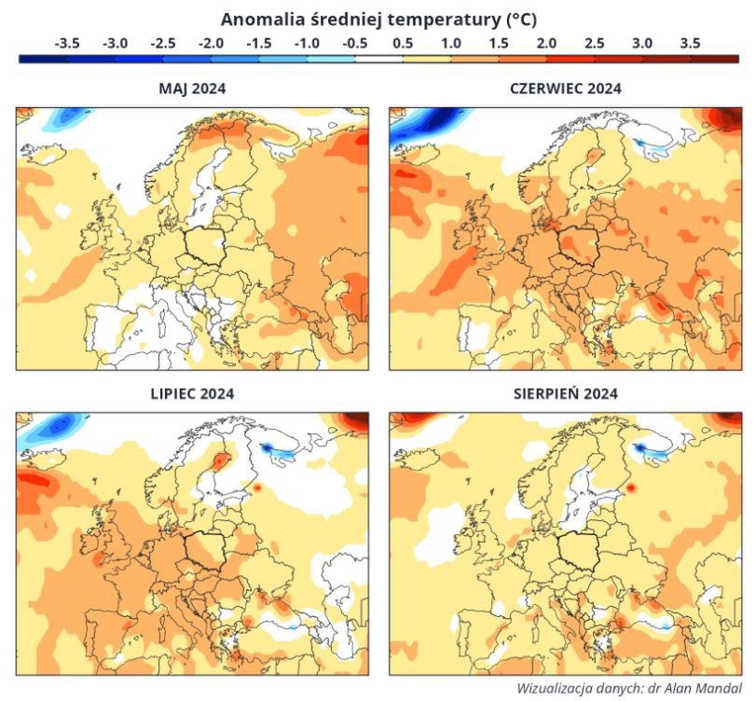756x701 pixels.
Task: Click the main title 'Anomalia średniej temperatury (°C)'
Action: coord(378,19)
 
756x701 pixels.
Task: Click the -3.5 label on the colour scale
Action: coord(67,43)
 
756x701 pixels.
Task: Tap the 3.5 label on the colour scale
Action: coord(690,43)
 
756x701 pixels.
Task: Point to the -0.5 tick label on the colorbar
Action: coord(354,43)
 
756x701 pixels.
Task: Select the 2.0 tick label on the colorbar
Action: coord(546,43)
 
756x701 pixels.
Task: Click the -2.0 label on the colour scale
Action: coord(211,43)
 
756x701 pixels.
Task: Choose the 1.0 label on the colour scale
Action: coord(450,43)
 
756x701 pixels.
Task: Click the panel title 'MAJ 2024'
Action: coord(193,89)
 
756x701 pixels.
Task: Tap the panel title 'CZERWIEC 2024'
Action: coord(565,89)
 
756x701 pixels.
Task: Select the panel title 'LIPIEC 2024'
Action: coord(192,393)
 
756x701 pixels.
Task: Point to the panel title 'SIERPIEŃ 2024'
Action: coord(565,393)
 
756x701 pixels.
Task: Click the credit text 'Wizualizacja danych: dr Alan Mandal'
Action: coord(628,688)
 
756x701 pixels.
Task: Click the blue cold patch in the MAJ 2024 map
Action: coord(63,118)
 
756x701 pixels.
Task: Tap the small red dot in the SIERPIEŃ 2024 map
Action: coord(630,488)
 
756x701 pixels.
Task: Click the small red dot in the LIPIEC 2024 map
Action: coord(257,487)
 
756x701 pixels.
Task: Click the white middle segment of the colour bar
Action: coord(378,59)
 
